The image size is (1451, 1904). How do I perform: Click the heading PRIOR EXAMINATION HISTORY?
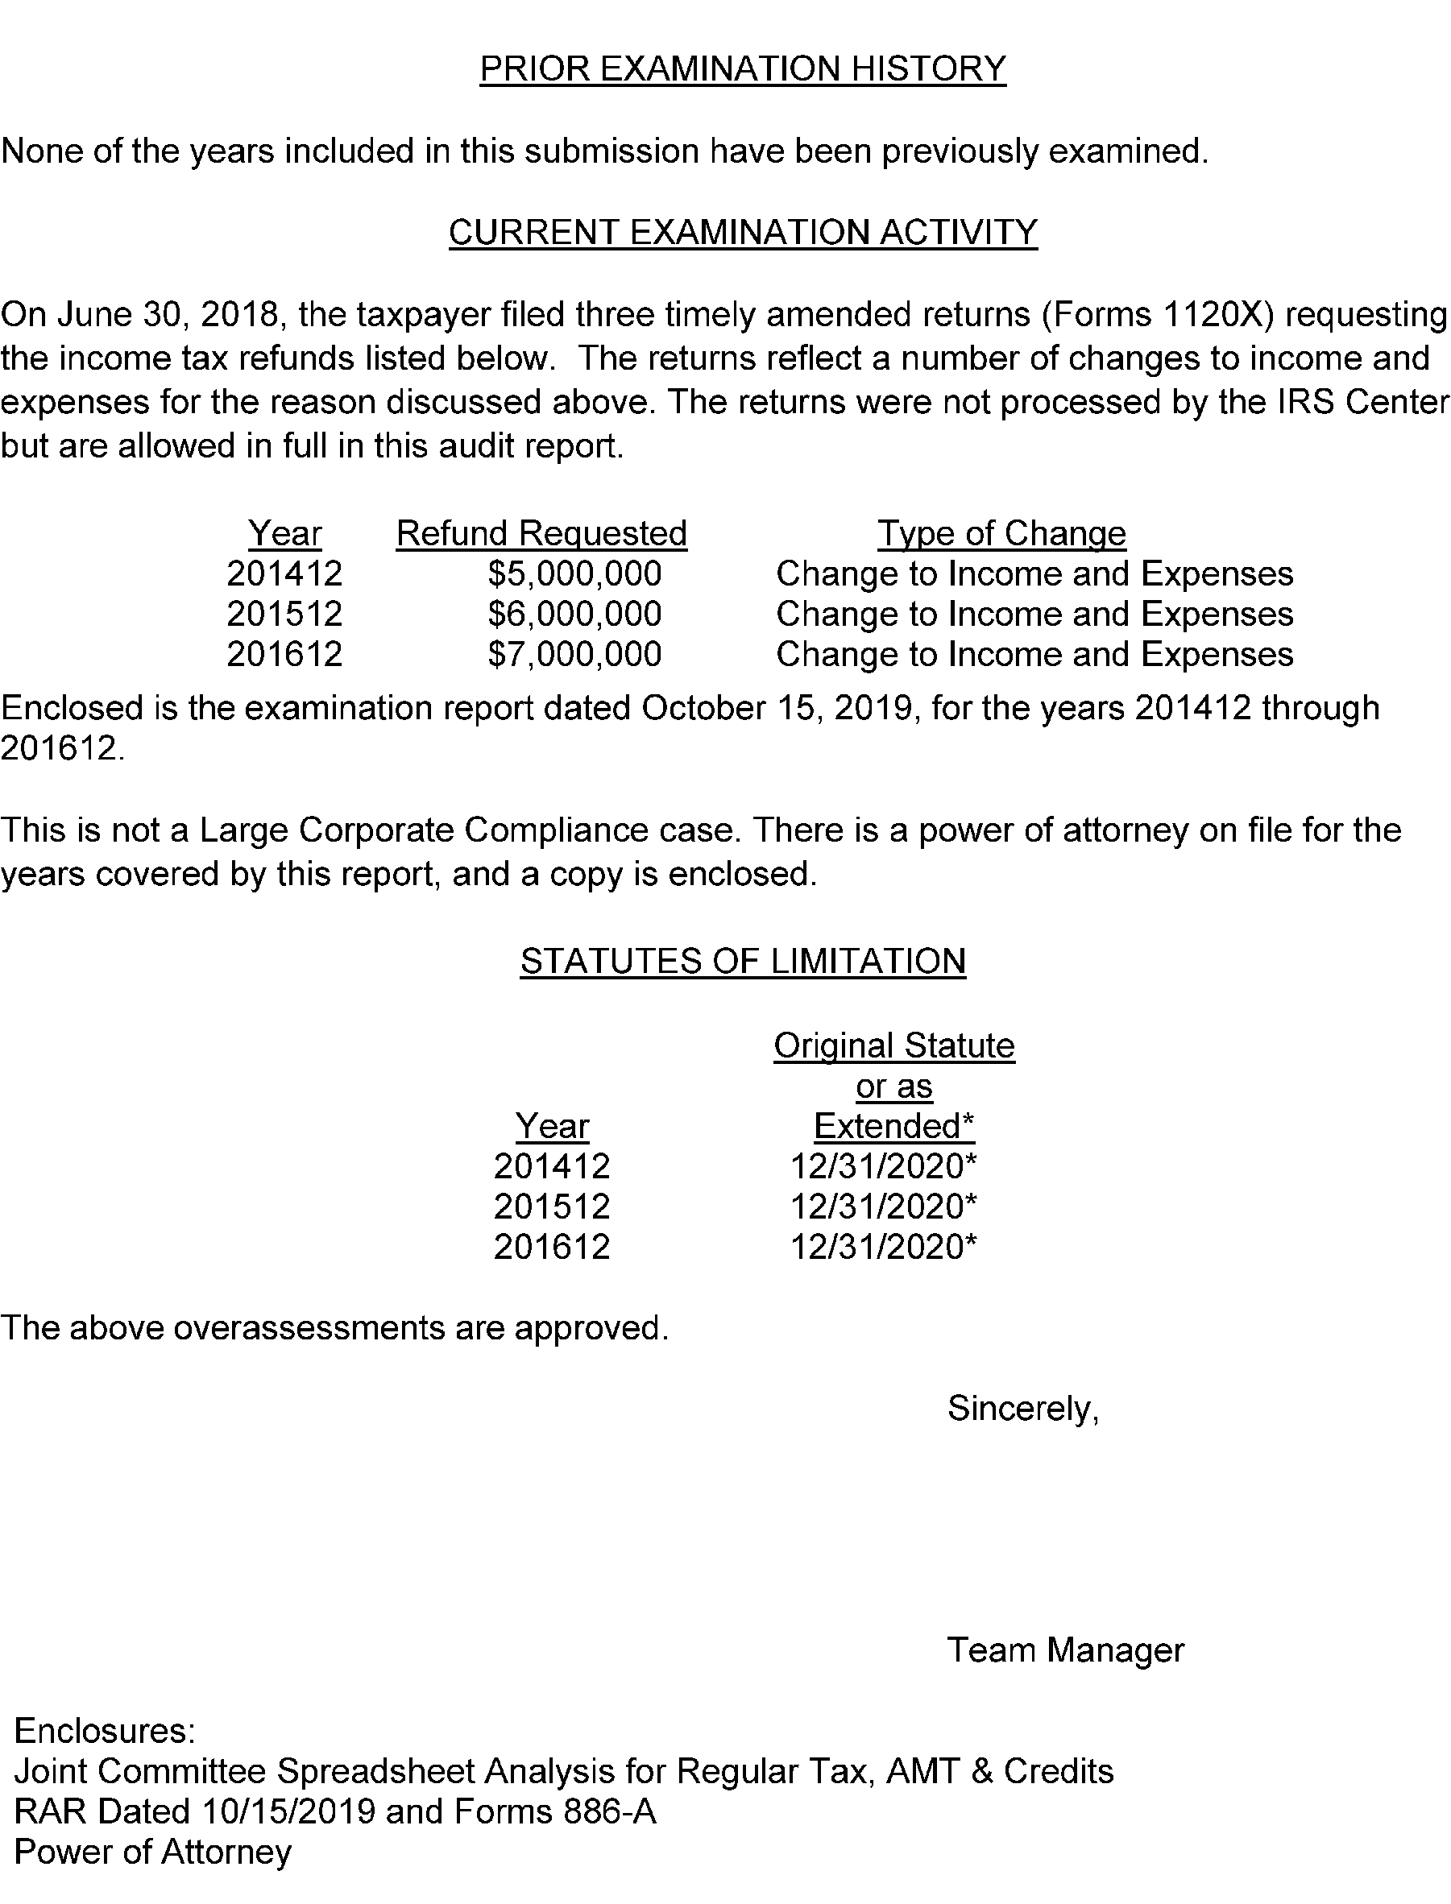(743, 69)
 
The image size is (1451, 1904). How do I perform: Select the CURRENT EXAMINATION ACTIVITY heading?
(743, 233)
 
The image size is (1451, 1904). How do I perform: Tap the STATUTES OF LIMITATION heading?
(743, 962)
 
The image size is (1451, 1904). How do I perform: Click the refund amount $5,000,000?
(574, 574)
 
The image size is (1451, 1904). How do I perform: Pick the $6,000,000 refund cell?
(574, 615)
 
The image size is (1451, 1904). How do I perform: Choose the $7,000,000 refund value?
(574, 655)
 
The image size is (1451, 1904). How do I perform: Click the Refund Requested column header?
(541, 534)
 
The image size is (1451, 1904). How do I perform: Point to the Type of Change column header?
(1002, 534)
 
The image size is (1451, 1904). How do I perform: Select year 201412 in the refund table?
(285, 574)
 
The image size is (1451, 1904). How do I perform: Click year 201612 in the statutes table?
(552, 1247)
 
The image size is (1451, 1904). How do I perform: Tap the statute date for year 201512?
(884, 1207)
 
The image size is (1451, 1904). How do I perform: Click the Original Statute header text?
(894, 1046)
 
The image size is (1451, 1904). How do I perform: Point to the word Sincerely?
(1022, 1409)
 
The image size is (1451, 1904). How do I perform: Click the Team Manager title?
(1066, 1650)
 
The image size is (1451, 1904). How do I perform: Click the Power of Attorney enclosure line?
(153, 1852)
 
